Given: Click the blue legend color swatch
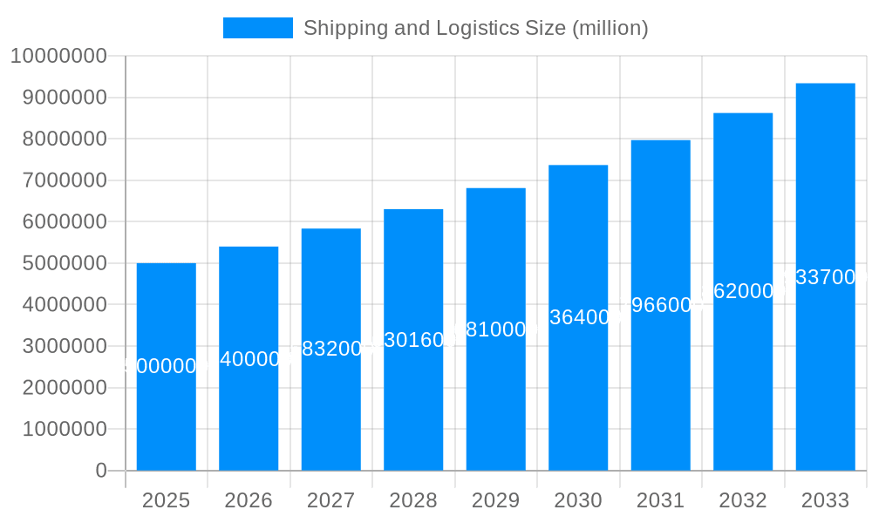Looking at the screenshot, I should pos(257,28).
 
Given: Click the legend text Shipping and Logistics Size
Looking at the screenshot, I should pos(475,28).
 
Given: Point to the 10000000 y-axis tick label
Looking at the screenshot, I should pos(58,57).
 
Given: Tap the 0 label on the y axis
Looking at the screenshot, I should pos(100,471).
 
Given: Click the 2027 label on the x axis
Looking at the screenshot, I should pos(330,500).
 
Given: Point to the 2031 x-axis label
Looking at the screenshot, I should pos(660,500).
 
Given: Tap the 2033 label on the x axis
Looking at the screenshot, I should pos(825,500).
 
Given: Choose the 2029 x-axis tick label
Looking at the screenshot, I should pos(495,500).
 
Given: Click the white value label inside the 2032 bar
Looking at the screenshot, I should pos(743,291).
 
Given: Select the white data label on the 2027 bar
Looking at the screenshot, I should pos(330,349).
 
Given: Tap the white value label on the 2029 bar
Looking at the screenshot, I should pos(495,329).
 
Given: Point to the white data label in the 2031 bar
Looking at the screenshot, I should pos(660,305).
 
